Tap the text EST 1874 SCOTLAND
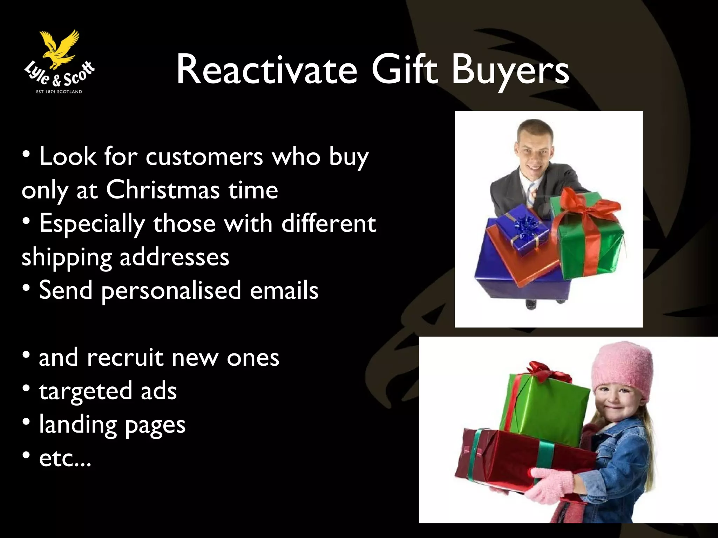pos(59,92)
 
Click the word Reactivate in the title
pos(267,70)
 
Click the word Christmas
pos(163,190)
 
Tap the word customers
pos(204,157)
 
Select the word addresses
pos(174,257)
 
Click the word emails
pos(284,290)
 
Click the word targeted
pos(86,392)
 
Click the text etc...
pos(65,458)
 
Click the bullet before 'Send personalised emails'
pos(26,288)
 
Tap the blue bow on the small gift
pos(526,226)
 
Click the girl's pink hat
pos(623,371)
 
